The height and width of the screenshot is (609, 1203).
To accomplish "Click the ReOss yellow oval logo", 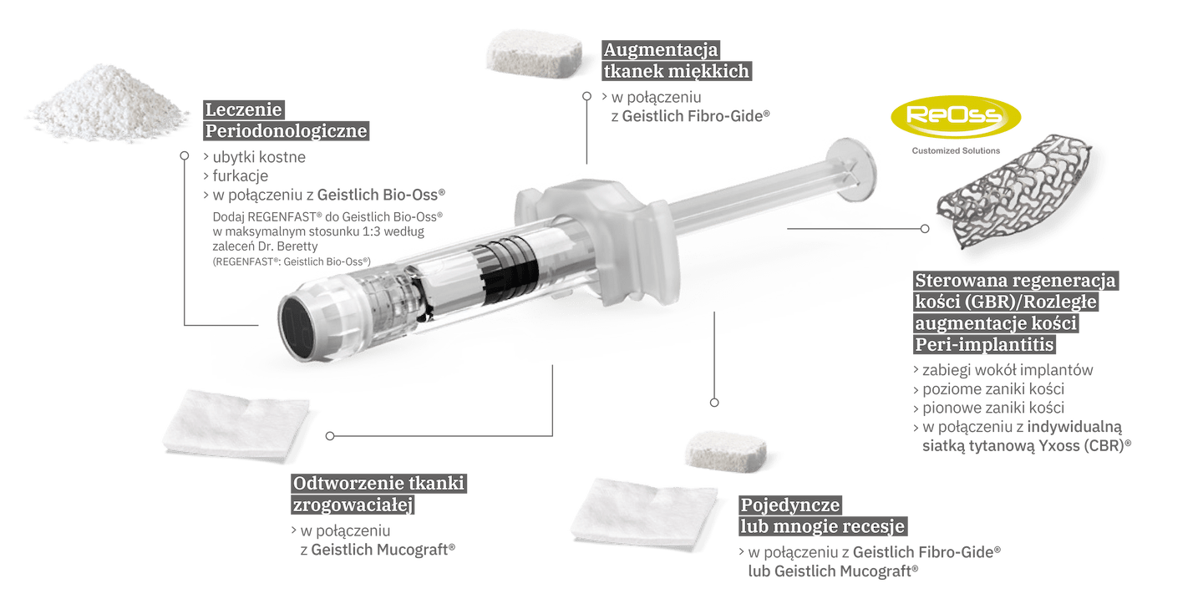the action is click(956, 117).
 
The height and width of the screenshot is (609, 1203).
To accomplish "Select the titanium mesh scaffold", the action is click(1013, 192).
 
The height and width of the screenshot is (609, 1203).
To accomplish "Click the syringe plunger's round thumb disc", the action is click(851, 169).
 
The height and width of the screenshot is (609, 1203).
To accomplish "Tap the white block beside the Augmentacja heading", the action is click(534, 53).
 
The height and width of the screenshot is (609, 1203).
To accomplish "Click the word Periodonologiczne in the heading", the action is click(287, 131).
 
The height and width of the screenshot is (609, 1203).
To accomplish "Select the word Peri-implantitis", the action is click(984, 344).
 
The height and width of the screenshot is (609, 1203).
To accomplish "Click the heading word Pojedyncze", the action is click(789, 505).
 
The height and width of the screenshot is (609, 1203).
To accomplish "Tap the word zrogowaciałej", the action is click(353, 505).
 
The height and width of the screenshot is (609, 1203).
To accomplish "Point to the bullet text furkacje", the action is click(240, 175).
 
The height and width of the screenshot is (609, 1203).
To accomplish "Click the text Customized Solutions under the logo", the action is click(956, 151).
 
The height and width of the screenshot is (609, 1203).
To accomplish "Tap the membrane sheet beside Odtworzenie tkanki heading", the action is click(236, 426).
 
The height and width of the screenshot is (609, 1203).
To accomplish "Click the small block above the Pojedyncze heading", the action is click(726, 452).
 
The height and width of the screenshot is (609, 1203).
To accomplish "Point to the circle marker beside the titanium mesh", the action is click(925, 229).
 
